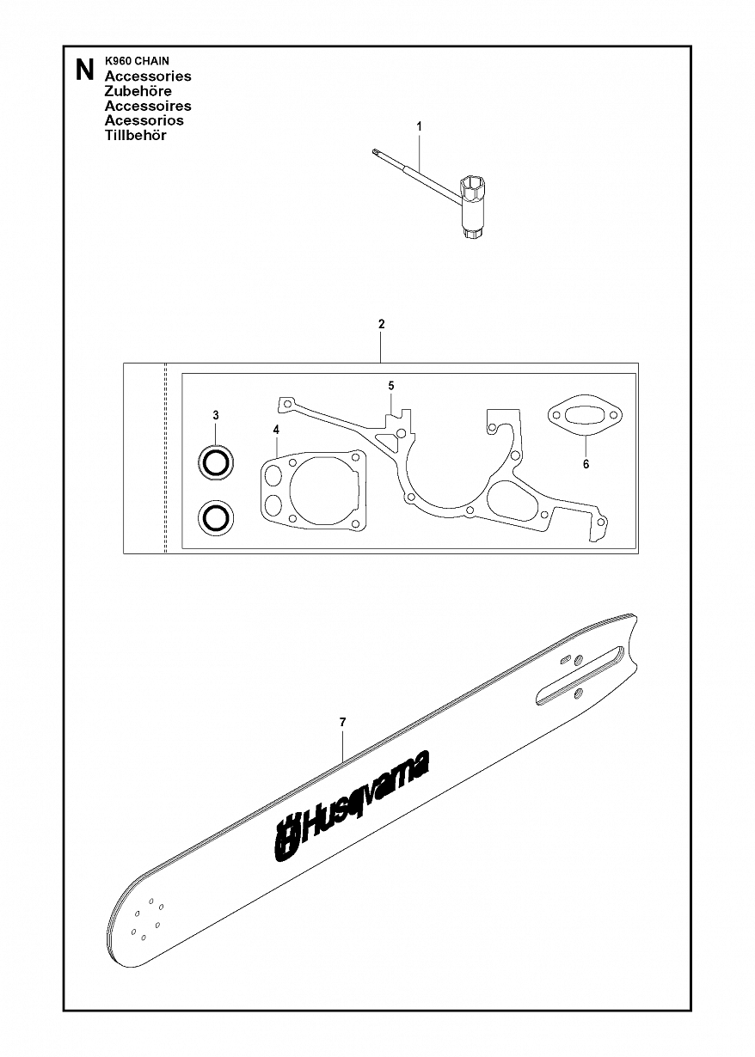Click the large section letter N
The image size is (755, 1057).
pos(84,71)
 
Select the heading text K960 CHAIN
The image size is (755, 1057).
pos(137,61)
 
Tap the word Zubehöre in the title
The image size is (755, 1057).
pos(138,91)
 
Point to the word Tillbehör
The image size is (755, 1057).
pos(136,136)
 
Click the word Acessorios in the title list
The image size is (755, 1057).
pos(144,120)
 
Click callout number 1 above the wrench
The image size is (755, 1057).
pos(419,126)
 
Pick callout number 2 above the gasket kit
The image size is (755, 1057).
pos(382,324)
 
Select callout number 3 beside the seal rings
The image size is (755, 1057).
pos(216,415)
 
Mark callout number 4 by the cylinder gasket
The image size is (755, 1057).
pos(276,430)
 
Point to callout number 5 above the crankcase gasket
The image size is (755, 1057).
pos(391,386)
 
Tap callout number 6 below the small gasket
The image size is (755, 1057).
pos(586,464)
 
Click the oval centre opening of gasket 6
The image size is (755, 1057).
pos(586,416)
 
